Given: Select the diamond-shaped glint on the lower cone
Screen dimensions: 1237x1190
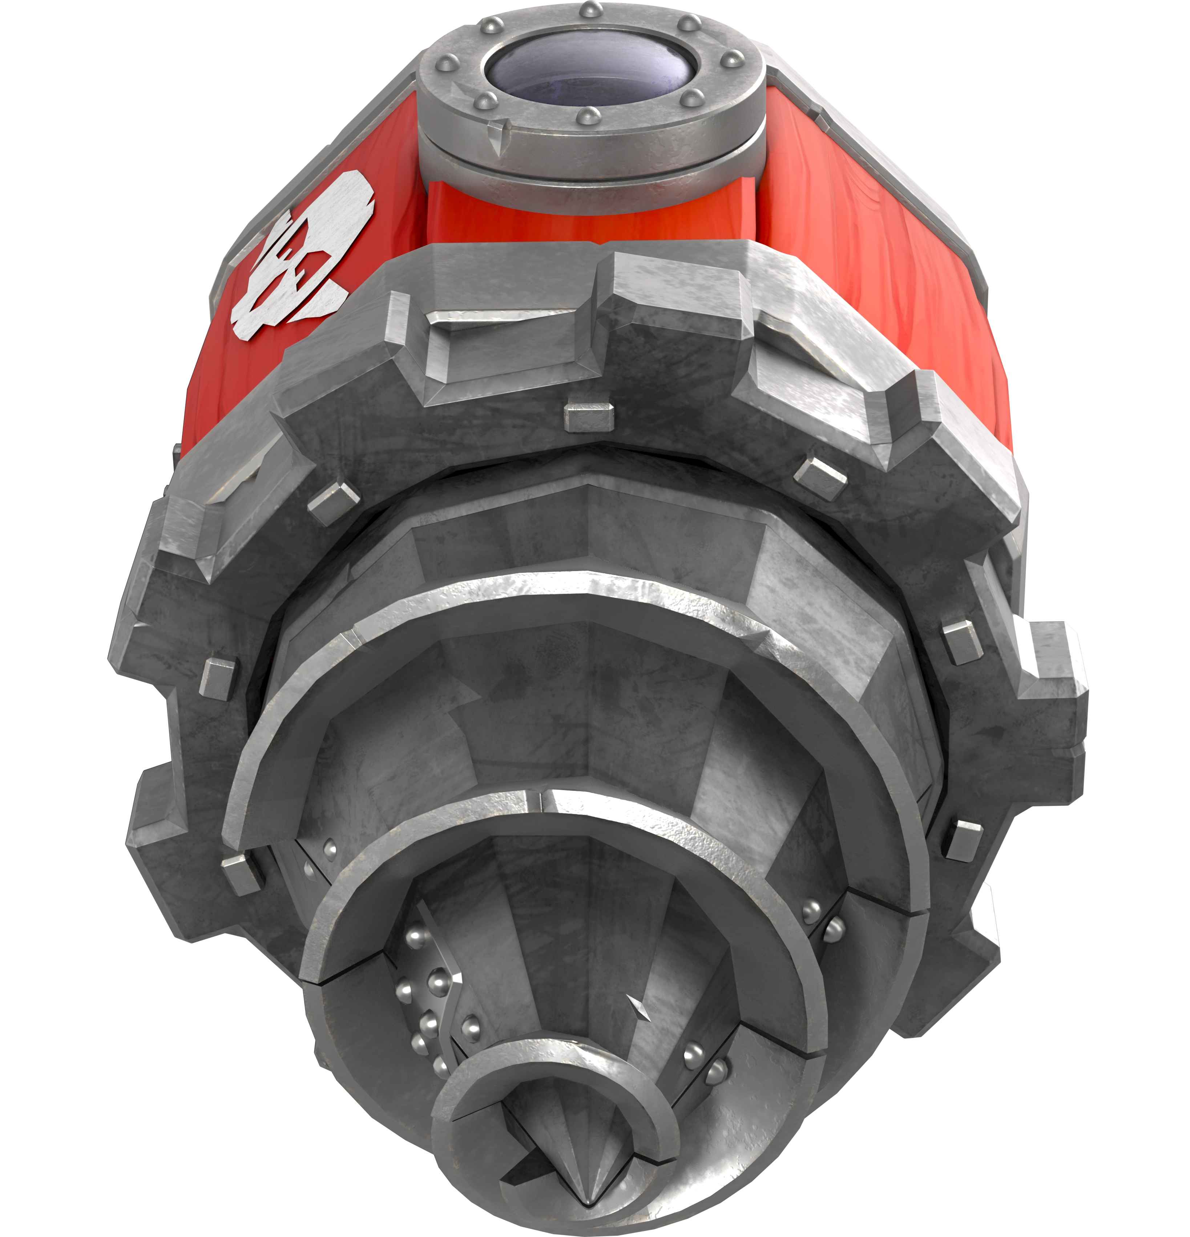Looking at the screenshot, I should coord(640,1008).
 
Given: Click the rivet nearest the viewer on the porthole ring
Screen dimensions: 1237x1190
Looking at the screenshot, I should coord(590,114).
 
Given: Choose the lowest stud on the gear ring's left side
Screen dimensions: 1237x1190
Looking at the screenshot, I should coord(242,874).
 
